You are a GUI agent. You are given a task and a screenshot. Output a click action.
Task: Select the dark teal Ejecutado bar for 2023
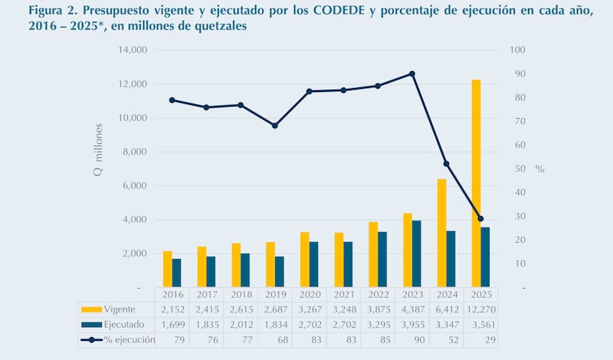point(417,254)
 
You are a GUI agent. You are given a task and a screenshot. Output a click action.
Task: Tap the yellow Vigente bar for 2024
point(441,233)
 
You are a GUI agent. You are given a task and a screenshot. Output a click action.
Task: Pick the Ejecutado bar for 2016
point(176,273)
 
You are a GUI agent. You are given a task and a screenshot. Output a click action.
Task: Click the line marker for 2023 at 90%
point(412,74)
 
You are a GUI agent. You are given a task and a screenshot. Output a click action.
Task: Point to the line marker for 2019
point(275,126)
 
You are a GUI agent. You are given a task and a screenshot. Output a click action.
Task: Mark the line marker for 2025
point(480,219)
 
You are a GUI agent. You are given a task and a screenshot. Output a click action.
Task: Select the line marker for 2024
point(446,164)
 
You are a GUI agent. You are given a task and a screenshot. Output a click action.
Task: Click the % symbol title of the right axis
point(539,169)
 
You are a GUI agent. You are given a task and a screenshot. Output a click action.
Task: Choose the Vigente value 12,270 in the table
point(480,309)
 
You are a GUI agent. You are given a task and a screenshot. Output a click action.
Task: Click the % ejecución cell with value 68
point(275,339)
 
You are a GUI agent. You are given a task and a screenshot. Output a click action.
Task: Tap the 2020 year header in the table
point(309,295)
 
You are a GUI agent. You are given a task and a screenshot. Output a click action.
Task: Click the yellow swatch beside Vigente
point(91,309)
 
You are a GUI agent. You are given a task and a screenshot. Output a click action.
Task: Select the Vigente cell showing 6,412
point(446,309)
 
